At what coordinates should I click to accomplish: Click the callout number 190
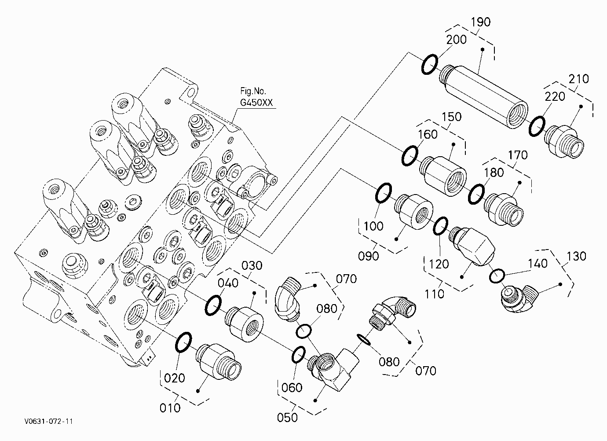(x=481, y=22)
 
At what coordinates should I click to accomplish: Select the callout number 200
(x=456, y=40)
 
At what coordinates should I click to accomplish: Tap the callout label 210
(x=579, y=79)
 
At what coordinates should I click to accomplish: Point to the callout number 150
(x=451, y=117)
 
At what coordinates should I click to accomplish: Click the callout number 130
(x=576, y=256)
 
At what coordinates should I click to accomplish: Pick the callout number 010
(x=170, y=408)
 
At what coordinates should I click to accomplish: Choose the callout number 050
(x=287, y=417)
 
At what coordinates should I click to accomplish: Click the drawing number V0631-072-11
(x=48, y=421)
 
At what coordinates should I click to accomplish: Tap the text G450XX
(x=256, y=103)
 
